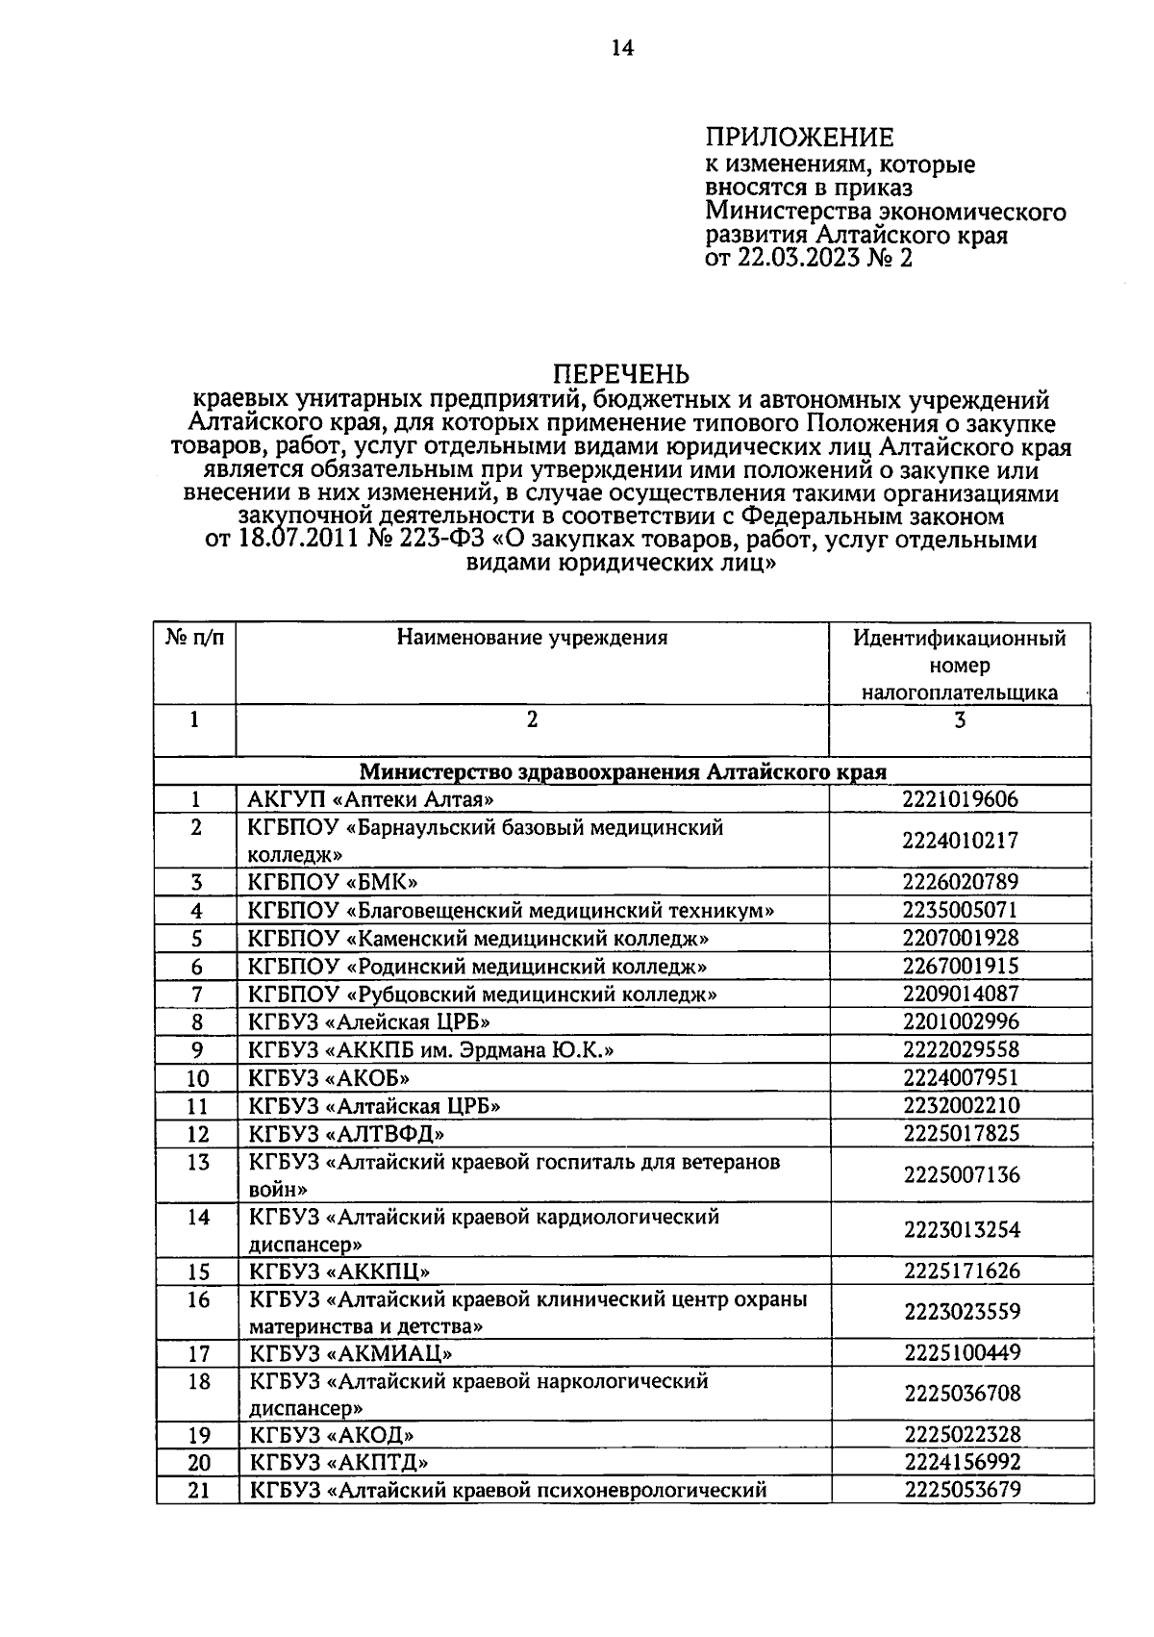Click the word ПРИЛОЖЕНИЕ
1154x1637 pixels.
(x=799, y=138)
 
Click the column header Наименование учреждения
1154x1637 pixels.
(x=532, y=638)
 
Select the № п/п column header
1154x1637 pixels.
(x=195, y=638)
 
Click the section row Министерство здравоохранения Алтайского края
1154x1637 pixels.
(x=623, y=771)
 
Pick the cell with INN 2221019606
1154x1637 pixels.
(x=960, y=799)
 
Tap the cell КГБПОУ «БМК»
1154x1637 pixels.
(x=333, y=882)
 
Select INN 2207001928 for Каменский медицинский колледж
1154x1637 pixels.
(x=960, y=938)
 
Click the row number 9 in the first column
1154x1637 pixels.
(x=196, y=1050)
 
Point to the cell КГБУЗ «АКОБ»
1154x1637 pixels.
(x=330, y=1078)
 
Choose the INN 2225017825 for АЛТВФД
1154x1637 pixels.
(x=961, y=1134)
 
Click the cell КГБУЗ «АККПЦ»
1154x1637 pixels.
(x=339, y=1272)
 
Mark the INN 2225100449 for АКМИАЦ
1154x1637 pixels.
(x=961, y=1353)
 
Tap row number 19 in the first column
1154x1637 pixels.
(x=198, y=1436)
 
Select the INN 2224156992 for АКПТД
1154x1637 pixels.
(x=961, y=1463)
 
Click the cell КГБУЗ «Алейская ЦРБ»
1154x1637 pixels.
(x=369, y=1022)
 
